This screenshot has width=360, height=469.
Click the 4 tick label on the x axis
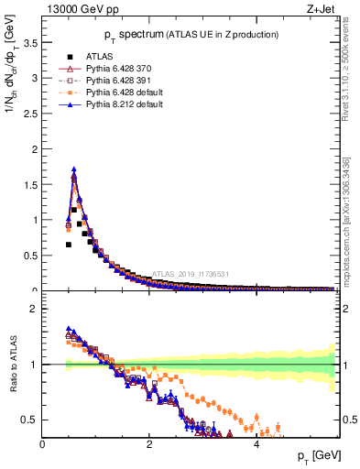coord(256,444)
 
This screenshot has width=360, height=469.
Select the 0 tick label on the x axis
coord(42,444)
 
